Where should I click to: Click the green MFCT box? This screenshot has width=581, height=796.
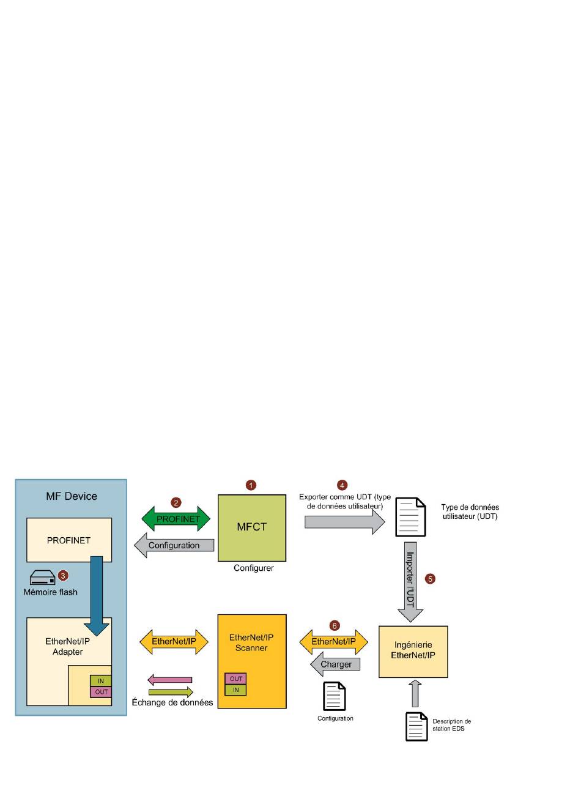[251, 527]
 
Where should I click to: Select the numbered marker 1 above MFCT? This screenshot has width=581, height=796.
[251, 485]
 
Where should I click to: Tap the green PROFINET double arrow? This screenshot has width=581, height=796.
[176, 519]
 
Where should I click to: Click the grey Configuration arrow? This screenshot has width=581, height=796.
[174, 545]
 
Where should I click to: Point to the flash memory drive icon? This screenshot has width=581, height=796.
[43, 578]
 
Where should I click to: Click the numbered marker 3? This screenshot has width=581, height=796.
[63, 575]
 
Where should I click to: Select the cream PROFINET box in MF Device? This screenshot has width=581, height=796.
[68, 540]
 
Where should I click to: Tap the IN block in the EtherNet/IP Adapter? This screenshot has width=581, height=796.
[101, 681]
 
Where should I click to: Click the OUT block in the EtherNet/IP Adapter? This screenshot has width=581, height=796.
[101, 692]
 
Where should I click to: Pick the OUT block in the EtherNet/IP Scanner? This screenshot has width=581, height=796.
[236, 679]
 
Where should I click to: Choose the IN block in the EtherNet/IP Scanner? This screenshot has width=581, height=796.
[236, 690]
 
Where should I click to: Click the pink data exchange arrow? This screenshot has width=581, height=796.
[170, 680]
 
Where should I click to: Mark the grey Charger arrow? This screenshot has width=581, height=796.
[335, 664]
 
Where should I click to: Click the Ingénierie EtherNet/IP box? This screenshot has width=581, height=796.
[413, 651]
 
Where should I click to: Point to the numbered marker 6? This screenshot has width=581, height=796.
[335, 626]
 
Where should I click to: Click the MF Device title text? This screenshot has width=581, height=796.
[72, 496]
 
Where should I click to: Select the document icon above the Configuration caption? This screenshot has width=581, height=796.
[335, 696]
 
